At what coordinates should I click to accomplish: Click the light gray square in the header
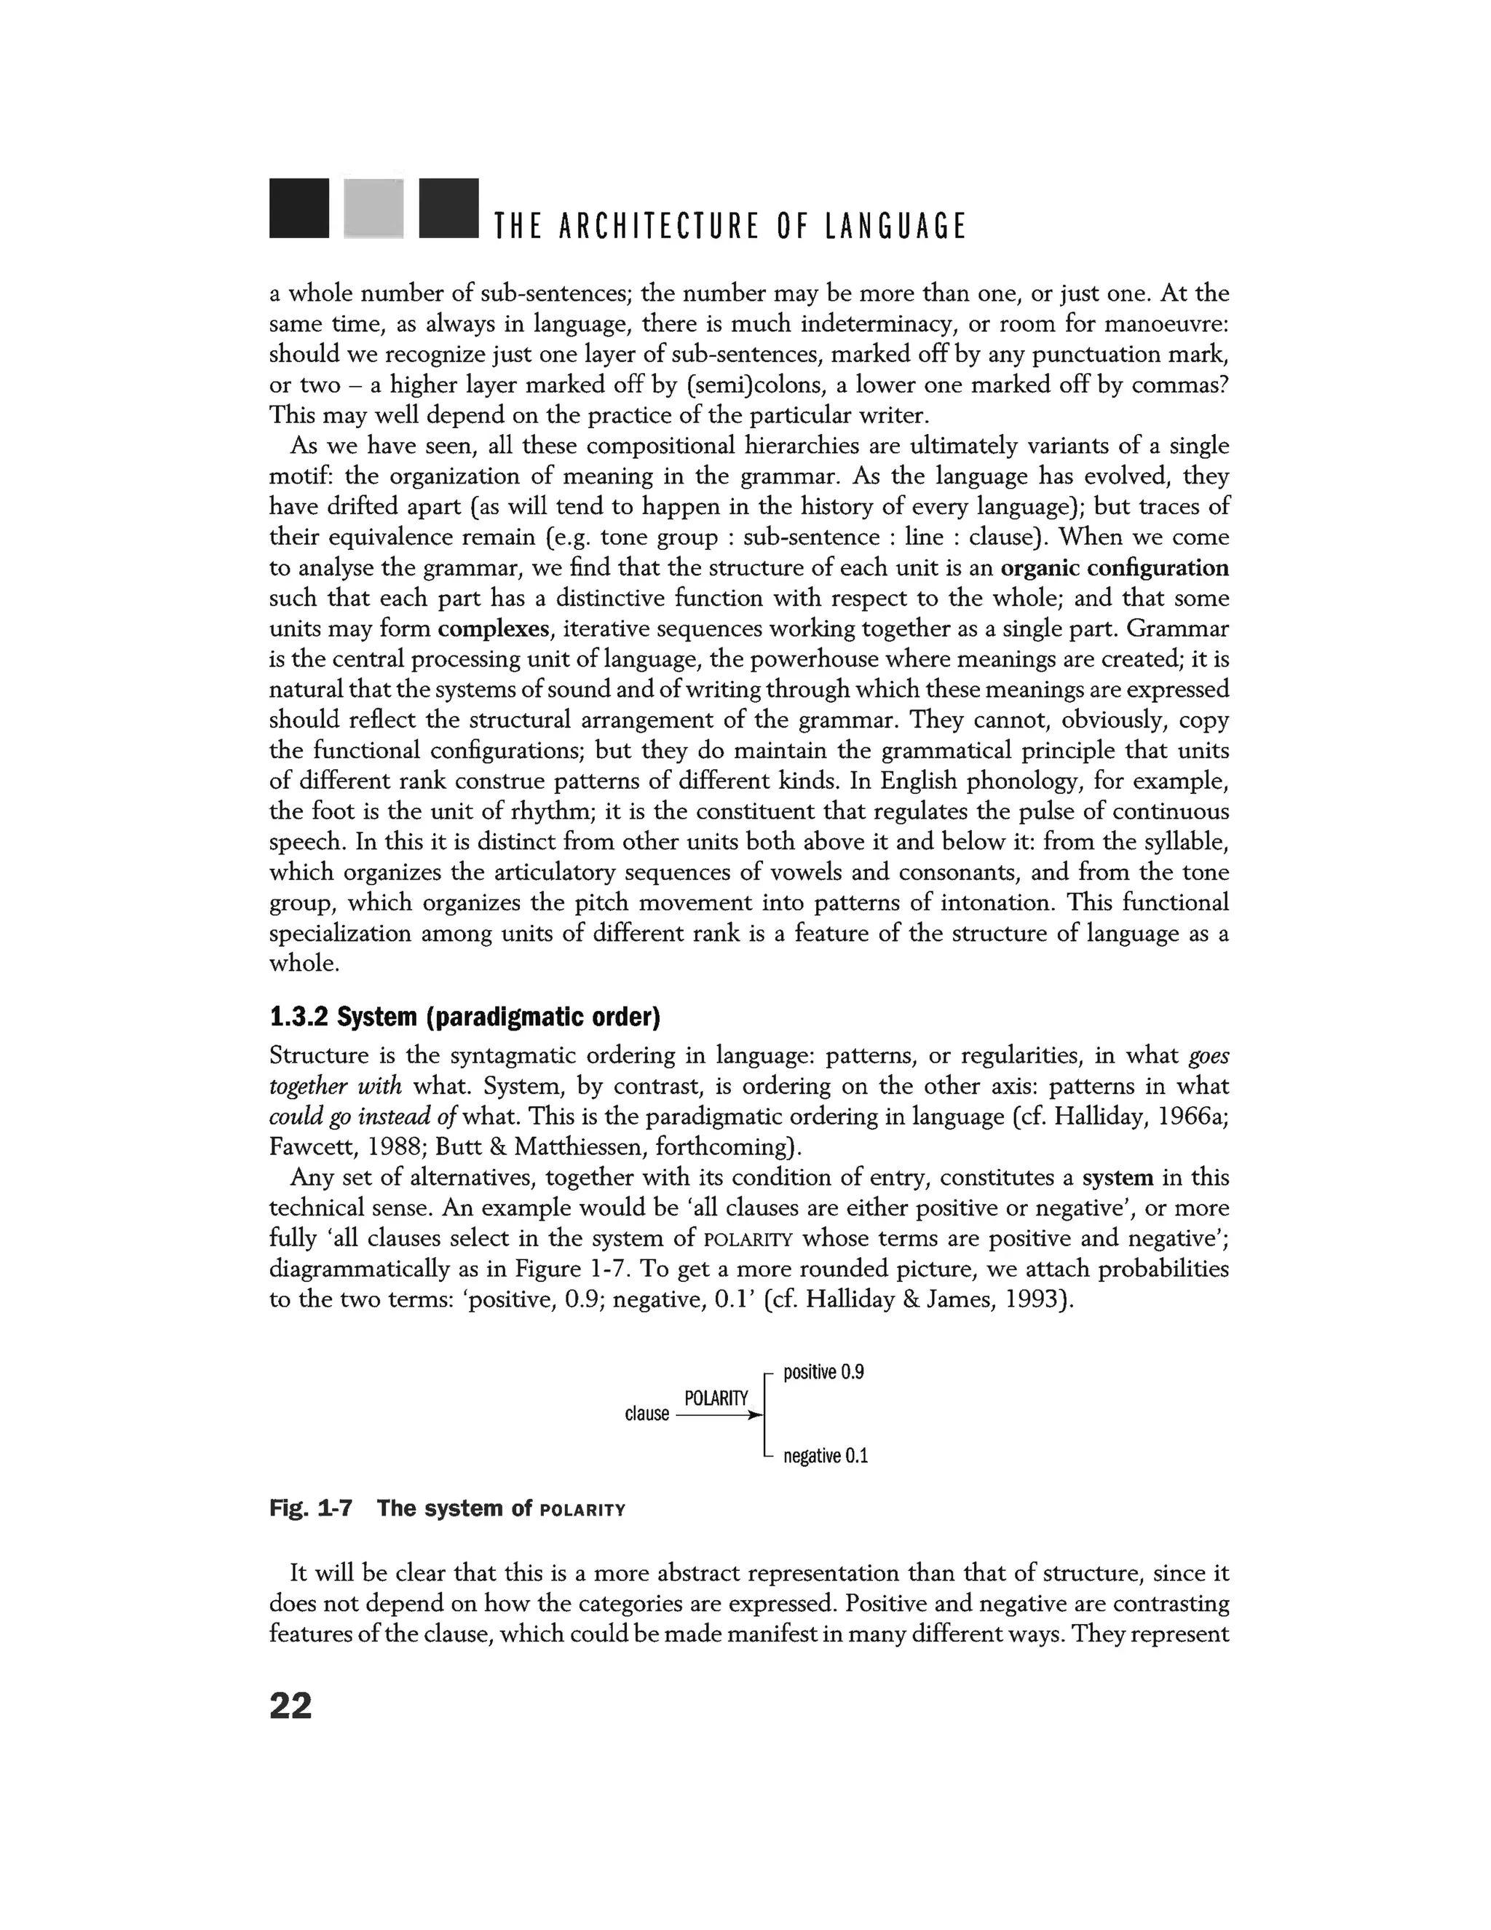click(x=373, y=208)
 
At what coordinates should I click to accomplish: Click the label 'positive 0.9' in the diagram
click(x=823, y=1371)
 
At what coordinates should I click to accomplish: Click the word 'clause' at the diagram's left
click(x=646, y=1414)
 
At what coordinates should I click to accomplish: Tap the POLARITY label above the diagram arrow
click(x=716, y=1398)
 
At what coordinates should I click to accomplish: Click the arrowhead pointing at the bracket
click(x=754, y=1415)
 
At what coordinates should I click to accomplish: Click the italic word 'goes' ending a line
click(x=1209, y=1055)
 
